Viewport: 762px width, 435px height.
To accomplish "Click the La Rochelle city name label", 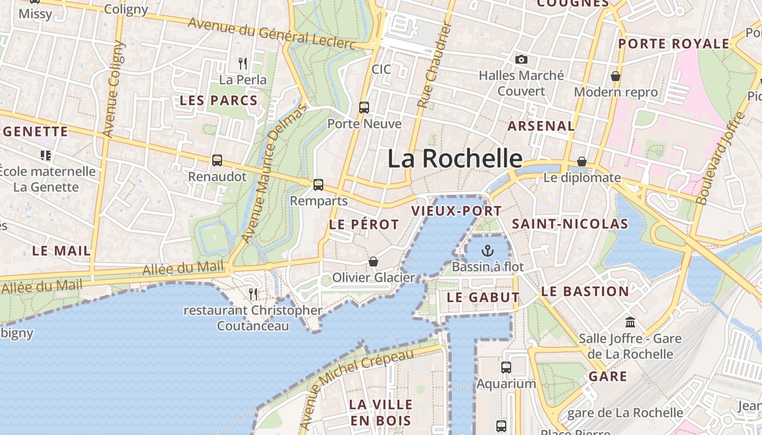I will (x=454, y=159).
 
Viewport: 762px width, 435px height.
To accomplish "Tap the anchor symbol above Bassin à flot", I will (x=487, y=251).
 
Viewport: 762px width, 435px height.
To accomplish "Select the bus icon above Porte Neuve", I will (x=364, y=108).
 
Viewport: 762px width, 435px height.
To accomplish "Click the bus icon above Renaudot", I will (x=217, y=160).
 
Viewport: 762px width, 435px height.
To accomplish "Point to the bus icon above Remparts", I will (x=318, y=185).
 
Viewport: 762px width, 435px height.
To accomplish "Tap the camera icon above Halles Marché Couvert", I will (x=521, y=59).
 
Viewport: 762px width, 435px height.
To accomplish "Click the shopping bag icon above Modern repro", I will (x=616, y=76).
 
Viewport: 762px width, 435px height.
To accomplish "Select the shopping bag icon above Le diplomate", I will (x=582, y=161).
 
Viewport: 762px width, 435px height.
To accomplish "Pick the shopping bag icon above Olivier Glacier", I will (x=373, y=262).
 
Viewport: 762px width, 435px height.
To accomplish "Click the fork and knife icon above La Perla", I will (x=243, y=64).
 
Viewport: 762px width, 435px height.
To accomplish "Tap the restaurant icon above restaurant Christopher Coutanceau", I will (x=253, y=294).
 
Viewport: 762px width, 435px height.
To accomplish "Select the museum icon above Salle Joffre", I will (x=630, y=322).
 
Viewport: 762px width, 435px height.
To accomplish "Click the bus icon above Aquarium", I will (x=506, y=368).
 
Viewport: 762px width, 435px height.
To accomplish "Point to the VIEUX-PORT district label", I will (x=456, y=211).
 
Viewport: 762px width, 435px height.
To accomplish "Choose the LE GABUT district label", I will (x=483, y=297).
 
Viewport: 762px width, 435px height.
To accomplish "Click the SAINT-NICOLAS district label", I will (x=570, y=223).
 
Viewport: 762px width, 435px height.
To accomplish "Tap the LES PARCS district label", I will (x=218, y=101).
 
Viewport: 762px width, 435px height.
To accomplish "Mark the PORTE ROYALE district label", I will (x=674, y=43).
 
